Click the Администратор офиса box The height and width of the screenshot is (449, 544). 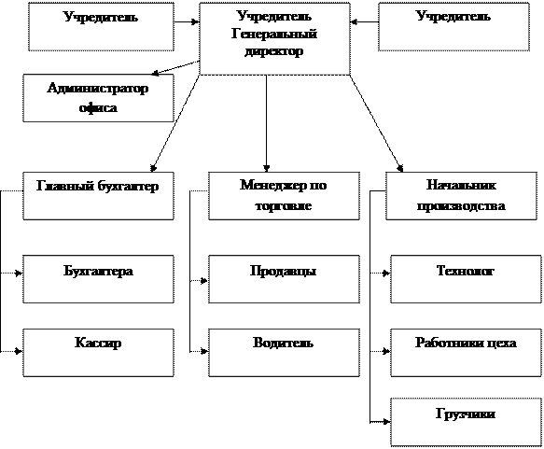pos(98,98)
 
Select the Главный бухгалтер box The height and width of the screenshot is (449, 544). pos(98,196)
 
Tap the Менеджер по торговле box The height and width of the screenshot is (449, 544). pos(284,196)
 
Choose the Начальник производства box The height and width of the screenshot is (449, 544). pos(462,196)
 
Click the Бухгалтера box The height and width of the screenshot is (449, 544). pos(98,279)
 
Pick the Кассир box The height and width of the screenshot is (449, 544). pos(98,353)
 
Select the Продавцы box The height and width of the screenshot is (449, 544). pos(284,279)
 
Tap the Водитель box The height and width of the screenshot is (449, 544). pos(284,353)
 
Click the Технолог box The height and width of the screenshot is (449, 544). pos(466,279)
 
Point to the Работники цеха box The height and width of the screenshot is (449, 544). pos(466,353)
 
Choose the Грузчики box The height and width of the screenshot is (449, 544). pos(466,422)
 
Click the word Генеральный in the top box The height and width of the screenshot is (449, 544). pos(274,34)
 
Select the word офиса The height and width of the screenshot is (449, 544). pos(98,107)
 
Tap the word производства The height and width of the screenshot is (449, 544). pos(461,205)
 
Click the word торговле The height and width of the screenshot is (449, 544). pos(284,205)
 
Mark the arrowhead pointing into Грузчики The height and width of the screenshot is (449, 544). pos(387,422)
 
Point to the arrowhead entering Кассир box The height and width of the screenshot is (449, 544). pos(19,352)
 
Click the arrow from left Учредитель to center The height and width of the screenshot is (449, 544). pos(187,21)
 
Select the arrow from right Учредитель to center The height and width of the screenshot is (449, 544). pos(364,21)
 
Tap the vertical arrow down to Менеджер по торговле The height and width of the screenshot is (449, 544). pos(266,123)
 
